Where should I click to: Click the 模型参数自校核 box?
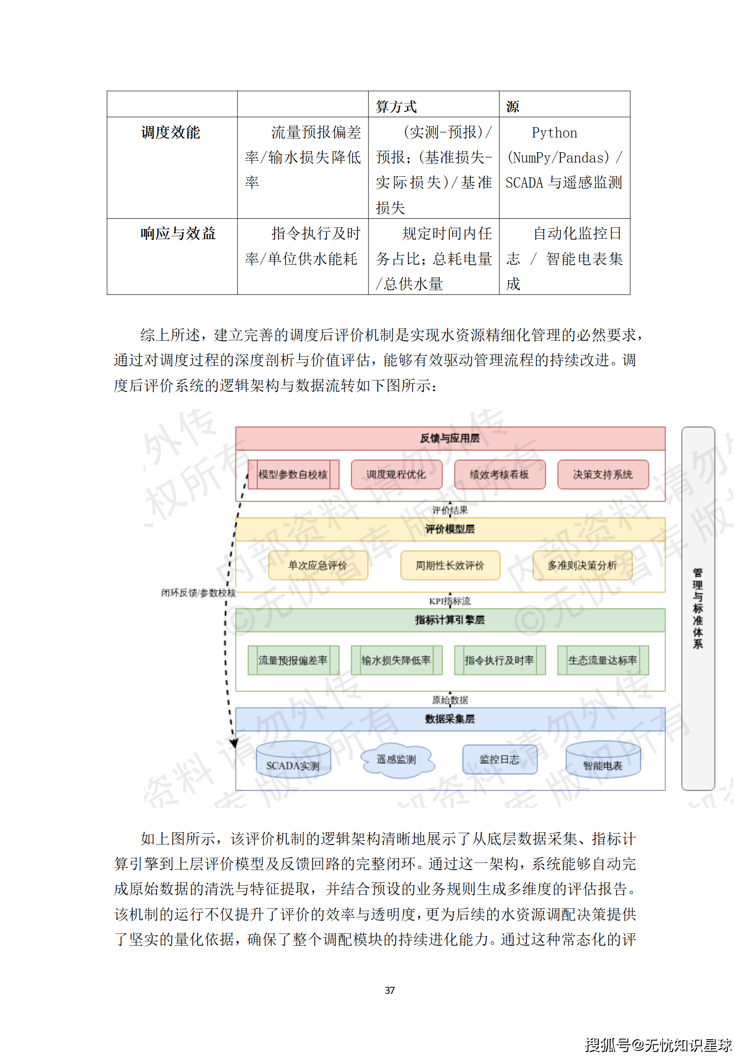pos(293,474)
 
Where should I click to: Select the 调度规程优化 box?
pos(396,474)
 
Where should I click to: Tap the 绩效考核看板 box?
pos(500,474)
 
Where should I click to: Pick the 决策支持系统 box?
pos(603,474)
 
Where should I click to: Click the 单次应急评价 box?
pos(318,565)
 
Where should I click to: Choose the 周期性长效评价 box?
pos(450,565)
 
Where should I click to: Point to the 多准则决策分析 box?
pos(582,565)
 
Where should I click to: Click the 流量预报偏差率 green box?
pos(293,660)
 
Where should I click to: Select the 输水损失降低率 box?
pos(396,660)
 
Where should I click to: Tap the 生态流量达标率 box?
pos(603,660)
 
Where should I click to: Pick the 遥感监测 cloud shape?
pos(396,759)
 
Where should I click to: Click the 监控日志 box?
pos(500,759)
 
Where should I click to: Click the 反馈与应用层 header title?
pos(450,438)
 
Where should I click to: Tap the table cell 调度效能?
pos(171,132)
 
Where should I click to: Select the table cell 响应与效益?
pos(178,233)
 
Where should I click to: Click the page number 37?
pos(389,990)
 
